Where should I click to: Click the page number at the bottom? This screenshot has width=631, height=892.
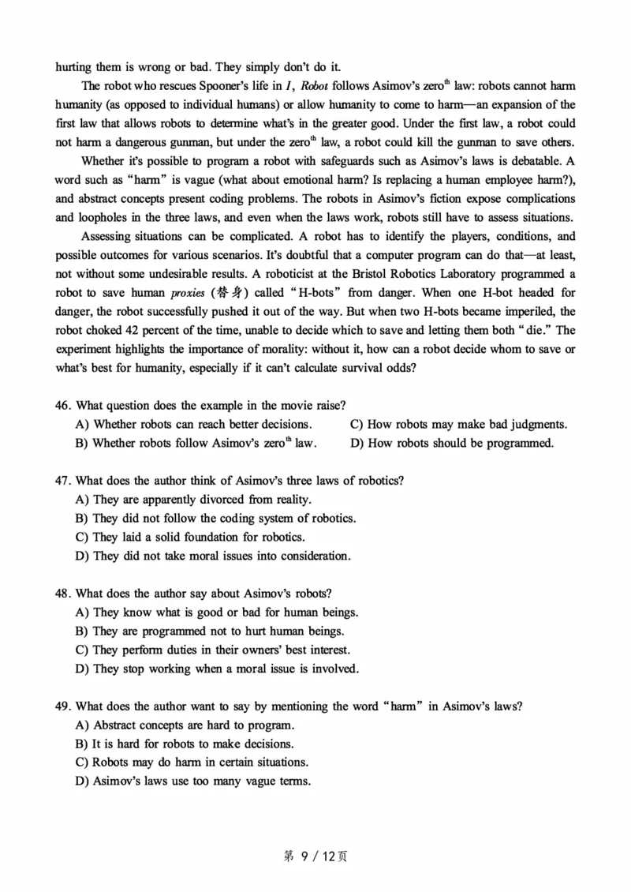tap(315, 855)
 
